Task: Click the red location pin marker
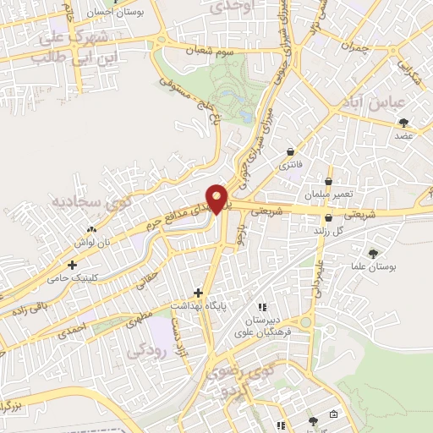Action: (219, 198)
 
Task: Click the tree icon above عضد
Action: (403, 122)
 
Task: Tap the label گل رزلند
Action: (326, 230)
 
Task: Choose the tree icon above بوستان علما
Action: (373, 252)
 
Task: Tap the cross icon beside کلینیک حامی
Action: (73, 266)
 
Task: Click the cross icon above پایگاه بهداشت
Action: (199, 293)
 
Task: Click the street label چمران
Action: (358, 48)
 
